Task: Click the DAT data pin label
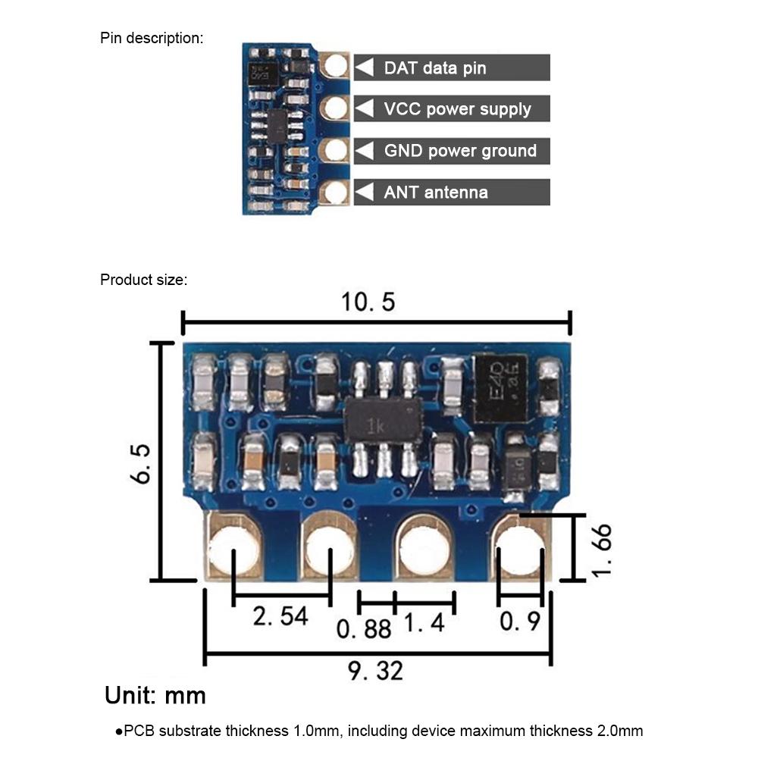pos(434,68)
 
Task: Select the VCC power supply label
pos(457,109)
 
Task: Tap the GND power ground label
pos(460,151)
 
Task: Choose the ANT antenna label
pos(435,192)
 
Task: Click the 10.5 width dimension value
pos(368,302)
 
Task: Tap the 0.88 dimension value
pos(365,628)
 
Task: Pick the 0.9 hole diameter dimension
pos(520,622)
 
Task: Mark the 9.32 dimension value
pos(376,670)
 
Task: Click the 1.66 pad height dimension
pos(600,548)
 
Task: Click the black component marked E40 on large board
pos(500,389)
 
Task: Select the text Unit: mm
pos(155,695)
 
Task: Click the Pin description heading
pos(152,38)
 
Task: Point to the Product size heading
pos(143,280)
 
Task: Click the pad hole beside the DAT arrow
pos(334,66)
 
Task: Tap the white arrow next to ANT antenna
pos(365,192)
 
